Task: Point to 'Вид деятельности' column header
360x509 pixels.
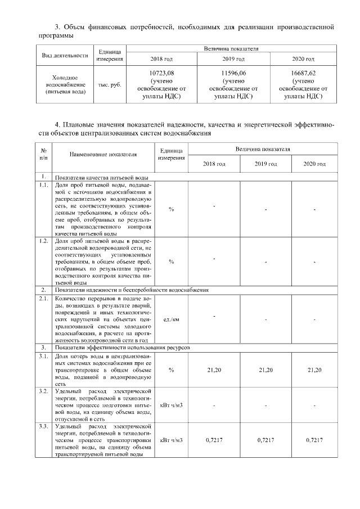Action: coord(65,56)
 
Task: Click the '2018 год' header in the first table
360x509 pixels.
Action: coord(162,59)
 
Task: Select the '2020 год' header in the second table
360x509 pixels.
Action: coord(314,164)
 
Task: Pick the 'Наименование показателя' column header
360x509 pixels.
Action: coord(103,154)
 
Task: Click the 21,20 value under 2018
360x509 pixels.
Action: coord(214,370)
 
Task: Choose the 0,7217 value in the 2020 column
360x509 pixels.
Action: coord(314,439)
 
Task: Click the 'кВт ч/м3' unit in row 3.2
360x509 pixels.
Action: coord(171,404)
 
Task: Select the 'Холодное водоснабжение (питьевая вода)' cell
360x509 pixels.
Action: coord(65,84)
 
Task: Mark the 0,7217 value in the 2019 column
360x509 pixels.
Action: coord(265,439)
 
